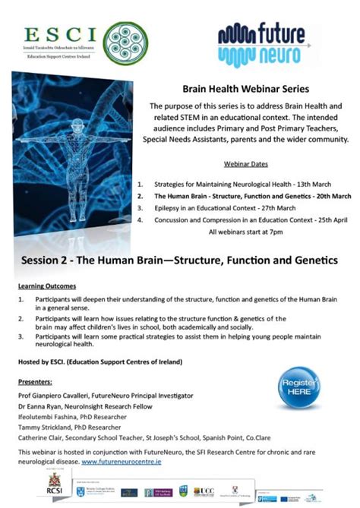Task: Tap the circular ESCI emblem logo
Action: pos(119,39)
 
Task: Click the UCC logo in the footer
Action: pos(204,492)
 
